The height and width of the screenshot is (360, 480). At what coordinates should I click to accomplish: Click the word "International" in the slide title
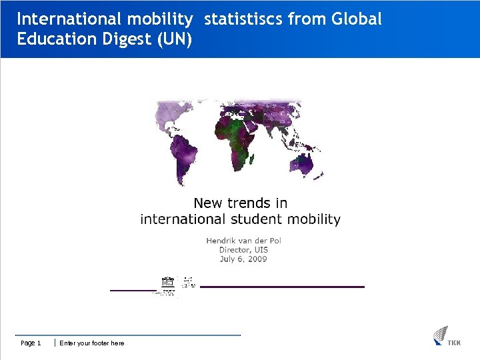[x=60, y=19]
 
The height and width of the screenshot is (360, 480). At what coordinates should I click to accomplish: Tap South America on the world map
[x=184, y=157]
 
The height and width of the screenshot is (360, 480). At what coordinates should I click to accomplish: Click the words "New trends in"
[x=240, y=203]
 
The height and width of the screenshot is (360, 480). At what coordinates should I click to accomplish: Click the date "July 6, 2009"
[x=243, y=259]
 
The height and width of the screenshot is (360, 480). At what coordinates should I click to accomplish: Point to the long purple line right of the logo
[x=282, y=287]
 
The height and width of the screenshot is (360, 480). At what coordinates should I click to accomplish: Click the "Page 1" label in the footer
[x=31, y=343]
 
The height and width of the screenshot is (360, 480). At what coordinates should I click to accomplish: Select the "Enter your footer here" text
[x=91, y=343]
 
